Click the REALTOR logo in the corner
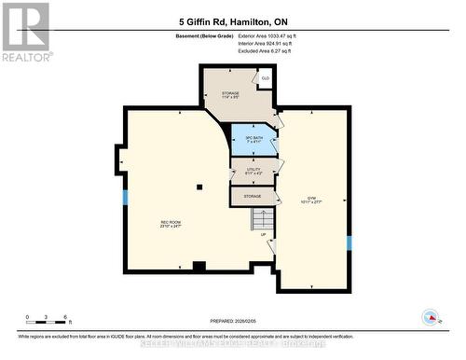(25, 31)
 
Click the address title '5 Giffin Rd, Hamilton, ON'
(232, 20)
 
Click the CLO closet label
(266, 78)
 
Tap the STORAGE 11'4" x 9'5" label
(230, 95)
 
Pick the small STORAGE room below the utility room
(253, 197)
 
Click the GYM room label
(310, 199)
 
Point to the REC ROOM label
(169, 224)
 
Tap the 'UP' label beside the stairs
(263, 235)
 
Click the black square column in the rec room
(199, 187)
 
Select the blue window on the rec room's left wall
(125, 198)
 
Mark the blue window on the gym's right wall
(349, 243)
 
